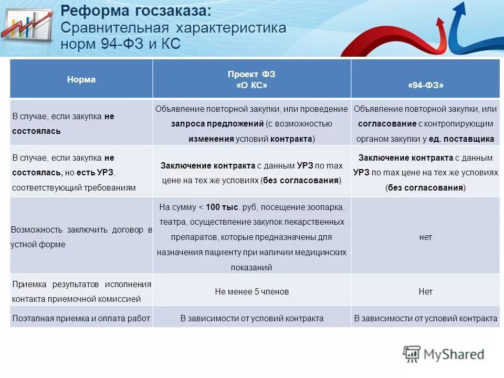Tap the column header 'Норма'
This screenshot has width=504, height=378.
click(81, 80)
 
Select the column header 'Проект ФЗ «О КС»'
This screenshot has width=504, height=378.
click(251, 79)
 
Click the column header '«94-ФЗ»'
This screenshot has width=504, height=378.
click(425, 85)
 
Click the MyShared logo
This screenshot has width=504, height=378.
click(444, 354)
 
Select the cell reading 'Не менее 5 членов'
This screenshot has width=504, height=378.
click(251, 291)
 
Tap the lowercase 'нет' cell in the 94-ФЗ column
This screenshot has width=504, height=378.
click(425, 237)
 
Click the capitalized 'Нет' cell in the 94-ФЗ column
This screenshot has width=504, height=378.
click(425, 291)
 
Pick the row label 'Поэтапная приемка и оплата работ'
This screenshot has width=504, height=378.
click(81, 318)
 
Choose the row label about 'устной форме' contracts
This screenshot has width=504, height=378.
click(81, 237)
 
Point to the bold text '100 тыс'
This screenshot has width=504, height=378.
click(222, 207)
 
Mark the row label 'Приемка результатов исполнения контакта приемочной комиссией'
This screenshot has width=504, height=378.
click(81, 292)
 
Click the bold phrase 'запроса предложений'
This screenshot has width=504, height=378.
click(217, 124)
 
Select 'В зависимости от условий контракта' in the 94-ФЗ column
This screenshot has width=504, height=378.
click(425, 318)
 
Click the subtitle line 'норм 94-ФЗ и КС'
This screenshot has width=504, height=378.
click(121, 44)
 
